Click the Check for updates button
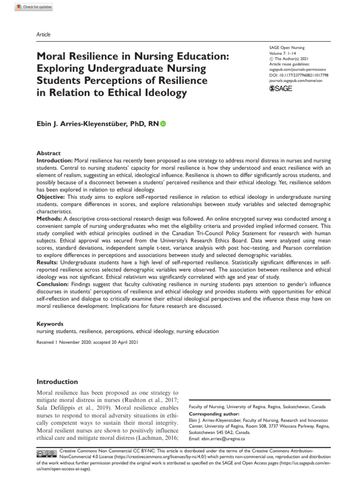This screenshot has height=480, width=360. pyautogui.click(x=34, y=7)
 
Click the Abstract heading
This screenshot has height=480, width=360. pyautogui.click(x=48, y=153)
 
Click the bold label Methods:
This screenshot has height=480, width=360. pyautogui.click(x=51, y=218)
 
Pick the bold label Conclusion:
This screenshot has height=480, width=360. pyautogui.click(x=55, y=283)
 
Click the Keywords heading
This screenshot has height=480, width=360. pyautogui.click(x=50, y=324)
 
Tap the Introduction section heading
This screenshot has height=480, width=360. pyautogui.click(x=57, y=382)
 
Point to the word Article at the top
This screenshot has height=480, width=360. pyautogui.click(x=44, y=34)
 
